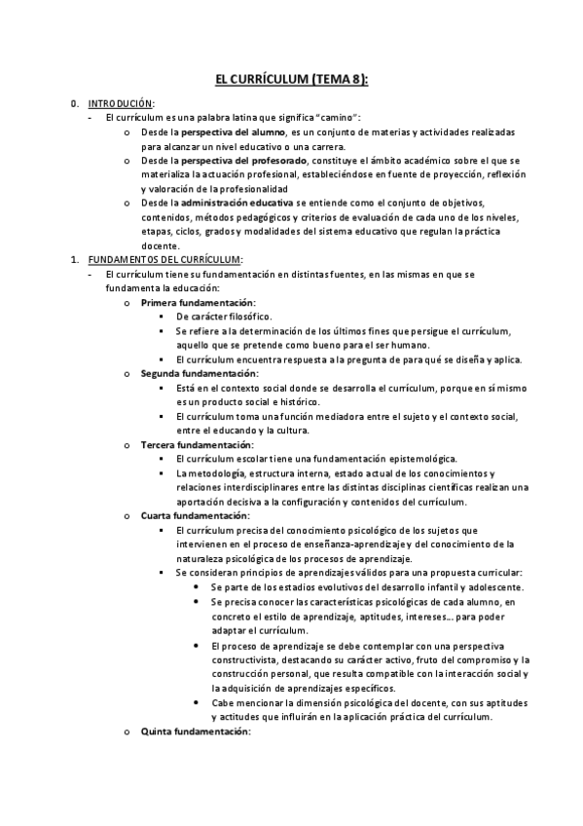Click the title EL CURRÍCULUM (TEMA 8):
click(291, 81)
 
